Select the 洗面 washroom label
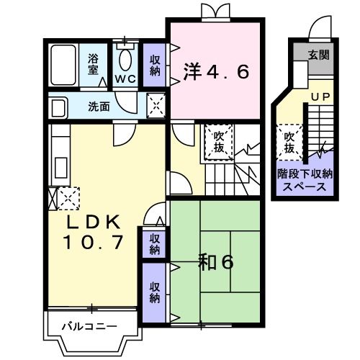point(99,107)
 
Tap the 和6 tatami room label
point(216,263)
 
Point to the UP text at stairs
point(318,96)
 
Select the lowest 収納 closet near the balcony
point(154,292)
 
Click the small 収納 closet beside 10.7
point(154,245)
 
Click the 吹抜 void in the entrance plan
point(289,142)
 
